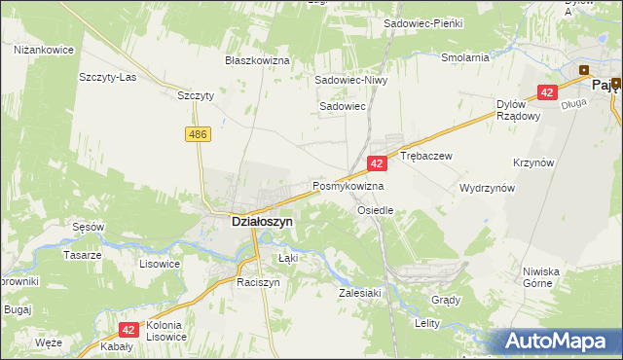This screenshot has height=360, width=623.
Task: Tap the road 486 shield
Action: pos(199,131)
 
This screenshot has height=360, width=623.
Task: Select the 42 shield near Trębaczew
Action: pos(376,164)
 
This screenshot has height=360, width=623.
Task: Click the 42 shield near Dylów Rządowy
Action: pos(547,92)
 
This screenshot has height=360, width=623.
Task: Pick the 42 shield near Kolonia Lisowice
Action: pos(128,331)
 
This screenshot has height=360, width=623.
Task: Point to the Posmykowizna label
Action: pos(348,185)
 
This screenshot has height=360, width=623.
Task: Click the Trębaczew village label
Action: pos(426,156)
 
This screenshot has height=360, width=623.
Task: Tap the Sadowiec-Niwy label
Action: pos(350,81)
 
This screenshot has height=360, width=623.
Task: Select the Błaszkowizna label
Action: pos(258,60)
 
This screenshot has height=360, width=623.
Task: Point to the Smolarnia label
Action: pos(464,57)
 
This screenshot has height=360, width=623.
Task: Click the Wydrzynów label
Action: pos(487,189)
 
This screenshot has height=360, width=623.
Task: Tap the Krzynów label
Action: pos(561,162)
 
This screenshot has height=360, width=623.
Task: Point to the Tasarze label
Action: pos(83,255)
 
